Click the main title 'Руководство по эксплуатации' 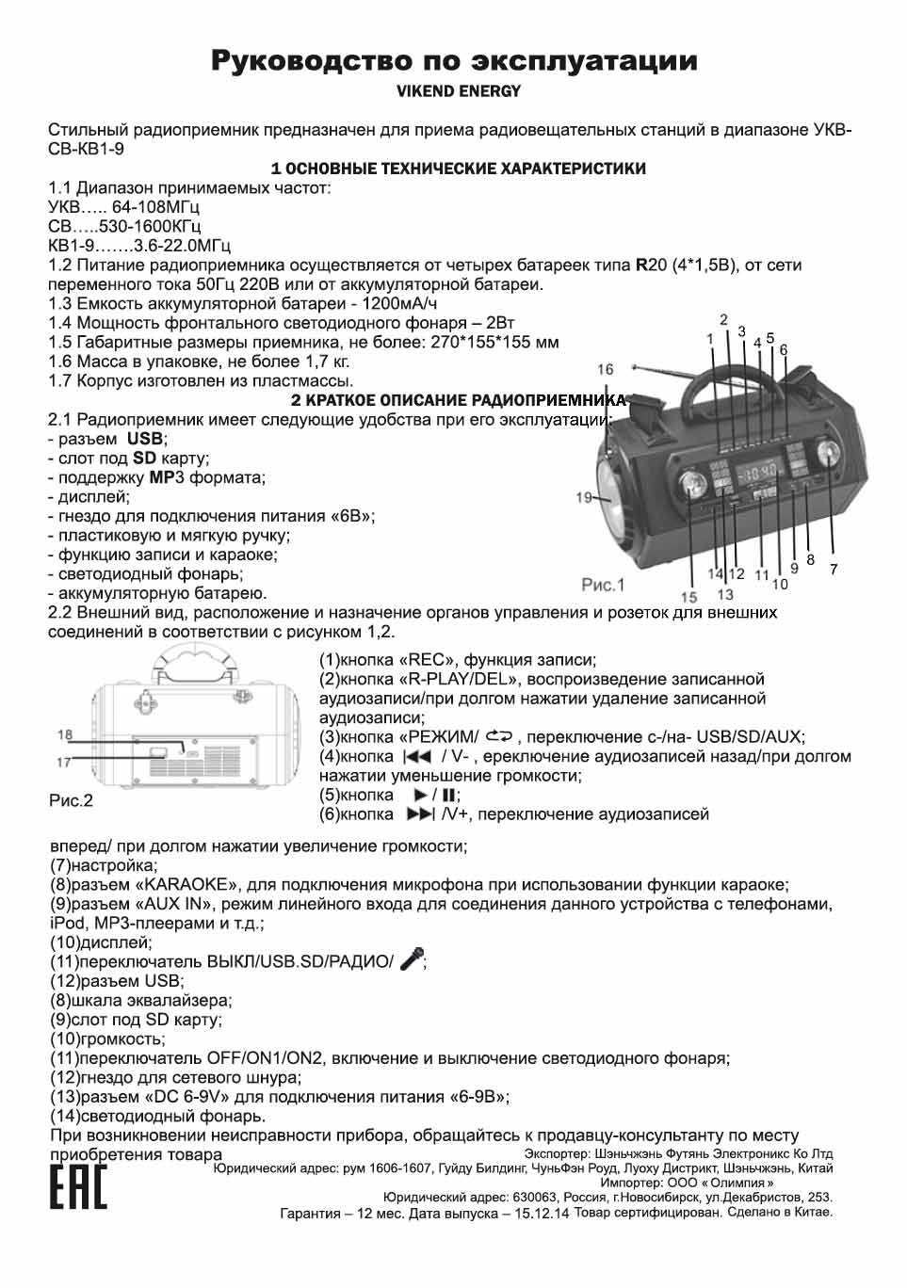(453, 62)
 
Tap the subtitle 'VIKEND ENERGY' (458, 91)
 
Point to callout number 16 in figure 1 (605, 369)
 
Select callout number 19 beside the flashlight (584, 497)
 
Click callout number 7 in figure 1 (834, 569)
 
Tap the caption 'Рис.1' (603, 585)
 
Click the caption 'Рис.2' (71, 800)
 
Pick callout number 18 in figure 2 (64, 734)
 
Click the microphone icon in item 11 (412, 958)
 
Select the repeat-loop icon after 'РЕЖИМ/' (499, 735)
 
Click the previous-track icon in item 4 (416, 756)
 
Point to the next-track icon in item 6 (420, 813)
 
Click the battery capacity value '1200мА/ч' (399, 303)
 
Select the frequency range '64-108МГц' (155, 206)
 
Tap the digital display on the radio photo (756, 469)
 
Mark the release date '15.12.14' (542, 1214)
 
